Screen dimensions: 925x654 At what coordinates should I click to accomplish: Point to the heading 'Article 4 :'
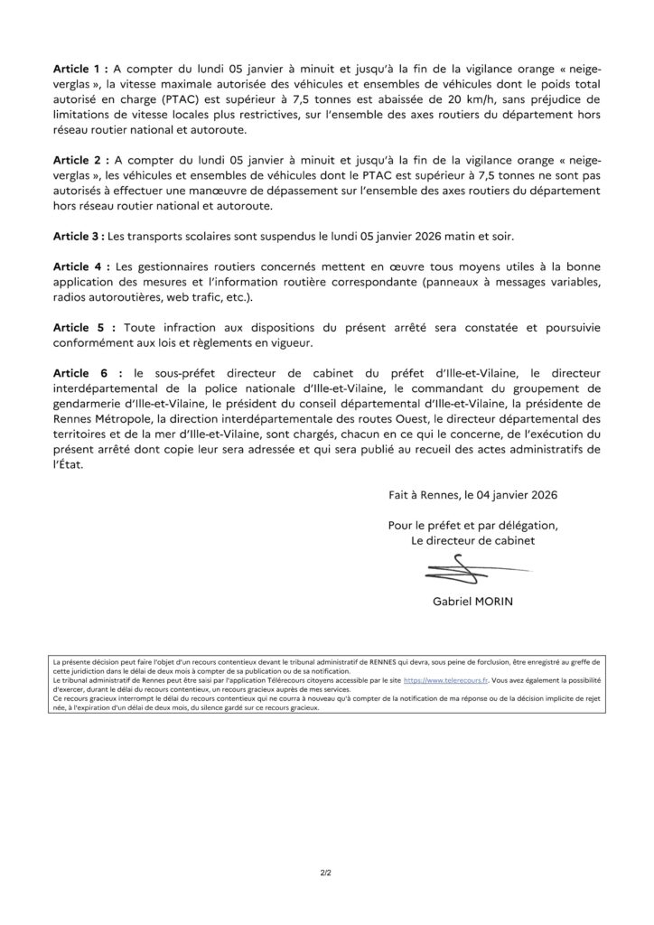(83, 268)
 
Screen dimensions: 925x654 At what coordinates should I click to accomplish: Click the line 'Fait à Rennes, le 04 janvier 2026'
(472, 495)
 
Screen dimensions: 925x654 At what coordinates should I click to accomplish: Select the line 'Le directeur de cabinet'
(472, 540)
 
